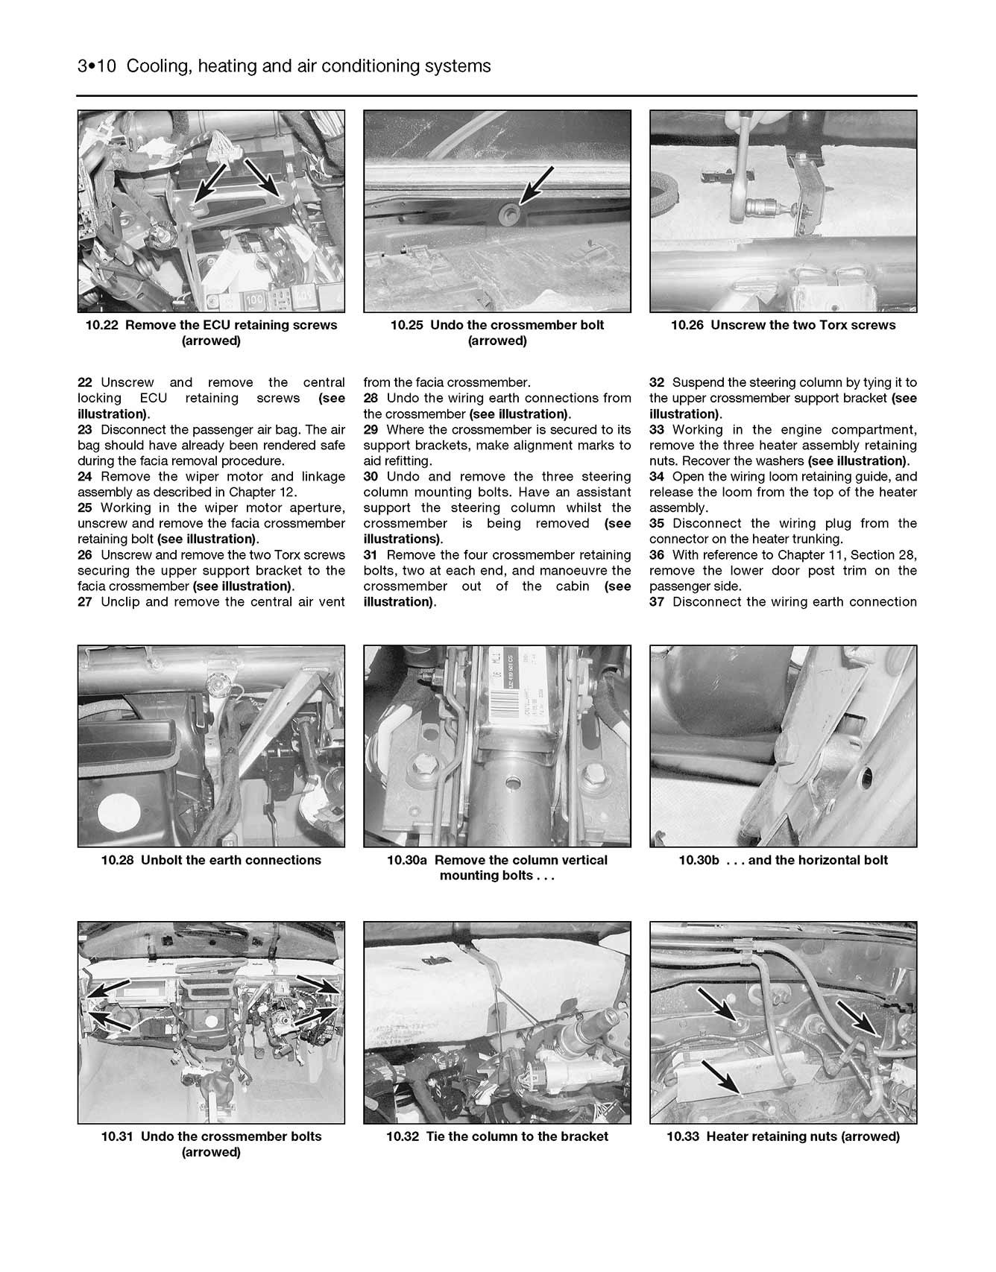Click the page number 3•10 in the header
click(x=98, y=66)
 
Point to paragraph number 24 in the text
click(x=86, y=477)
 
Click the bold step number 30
click(x=371, y=477)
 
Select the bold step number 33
click(x=657, y=430)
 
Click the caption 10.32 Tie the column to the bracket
click(x=497, y=1136)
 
